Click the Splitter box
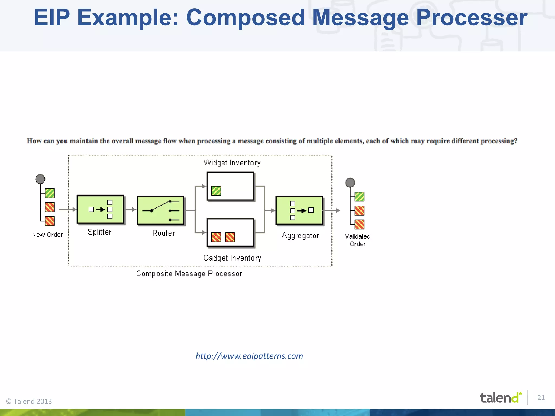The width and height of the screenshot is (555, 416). point(100,209)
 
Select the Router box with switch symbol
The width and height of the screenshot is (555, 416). point(160,210)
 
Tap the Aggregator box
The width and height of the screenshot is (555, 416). point(299,210)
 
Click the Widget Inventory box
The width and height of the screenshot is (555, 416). point(230,186)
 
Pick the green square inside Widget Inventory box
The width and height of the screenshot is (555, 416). point(216,191)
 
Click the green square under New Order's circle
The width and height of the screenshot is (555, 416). point(50,193)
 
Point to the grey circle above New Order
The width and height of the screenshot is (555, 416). point(40,179)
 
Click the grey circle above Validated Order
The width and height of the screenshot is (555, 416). point(350,183)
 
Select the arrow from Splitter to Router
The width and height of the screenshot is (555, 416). point(131,209)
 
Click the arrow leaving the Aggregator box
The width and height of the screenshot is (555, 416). point(332,210)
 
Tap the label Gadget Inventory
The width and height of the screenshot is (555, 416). point(232,258)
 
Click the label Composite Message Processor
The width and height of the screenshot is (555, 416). point(189,274)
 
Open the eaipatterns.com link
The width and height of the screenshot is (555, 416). point(249,356)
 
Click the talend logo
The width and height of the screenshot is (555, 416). point(500,398)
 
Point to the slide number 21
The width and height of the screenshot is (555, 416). point(541,398)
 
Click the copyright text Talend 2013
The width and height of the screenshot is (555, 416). point(29,401)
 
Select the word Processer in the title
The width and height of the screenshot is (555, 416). point(472,18)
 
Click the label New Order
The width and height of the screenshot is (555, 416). point(47,235)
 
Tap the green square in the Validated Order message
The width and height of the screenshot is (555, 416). point(360,197)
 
